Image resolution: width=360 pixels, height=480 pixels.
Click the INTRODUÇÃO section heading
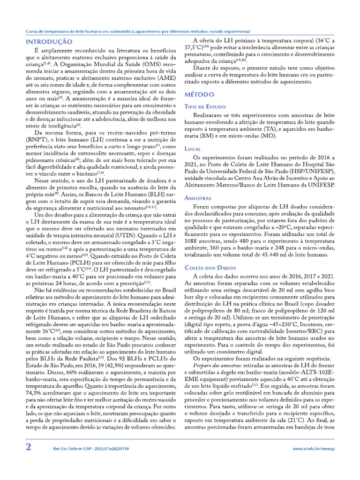pos(49,42)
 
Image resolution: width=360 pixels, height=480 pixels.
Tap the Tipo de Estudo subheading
pos(205,107)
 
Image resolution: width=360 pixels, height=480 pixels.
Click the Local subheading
pos(193,149)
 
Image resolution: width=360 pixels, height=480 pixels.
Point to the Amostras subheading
pos(198,198)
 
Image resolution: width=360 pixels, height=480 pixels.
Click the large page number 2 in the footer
pos(29,447)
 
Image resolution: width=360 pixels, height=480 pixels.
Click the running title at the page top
pos(137,31)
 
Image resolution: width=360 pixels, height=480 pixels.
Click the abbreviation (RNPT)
pos(37,139)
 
